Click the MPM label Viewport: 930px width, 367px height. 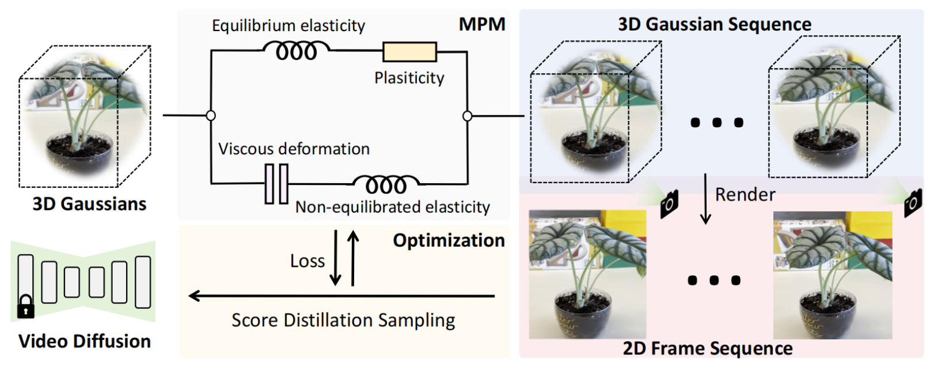(x=481, y=24)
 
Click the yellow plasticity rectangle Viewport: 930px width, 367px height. (x=409, y=52)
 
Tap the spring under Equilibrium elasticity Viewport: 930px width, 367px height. (x=296, y=51)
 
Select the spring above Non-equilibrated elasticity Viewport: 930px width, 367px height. (x=386, y=184)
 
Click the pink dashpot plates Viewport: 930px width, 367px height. (x=276, y=184)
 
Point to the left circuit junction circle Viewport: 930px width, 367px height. (x=211, y=115)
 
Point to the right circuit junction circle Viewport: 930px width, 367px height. (x=467, y=116)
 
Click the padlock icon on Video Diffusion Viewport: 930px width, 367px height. (x=25, y=307)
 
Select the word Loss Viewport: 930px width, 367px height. (x=308, y=261)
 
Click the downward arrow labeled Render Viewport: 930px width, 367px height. (x=705, y=199)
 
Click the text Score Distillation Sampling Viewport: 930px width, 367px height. (x=343, y=320)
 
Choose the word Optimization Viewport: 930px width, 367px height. (x=449, y=240)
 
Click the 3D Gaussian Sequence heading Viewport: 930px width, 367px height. (x=714, y=24)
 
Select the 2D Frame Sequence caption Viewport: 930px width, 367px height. (x=707, y=349)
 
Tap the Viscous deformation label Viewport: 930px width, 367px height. (x=294, y=149)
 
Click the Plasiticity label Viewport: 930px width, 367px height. (x=409, y=78)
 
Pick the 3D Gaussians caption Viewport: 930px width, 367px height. (x=89, y=204)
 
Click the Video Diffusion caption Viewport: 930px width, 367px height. (x=85, y=341)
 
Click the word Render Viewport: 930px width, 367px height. (x=745, y=195)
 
